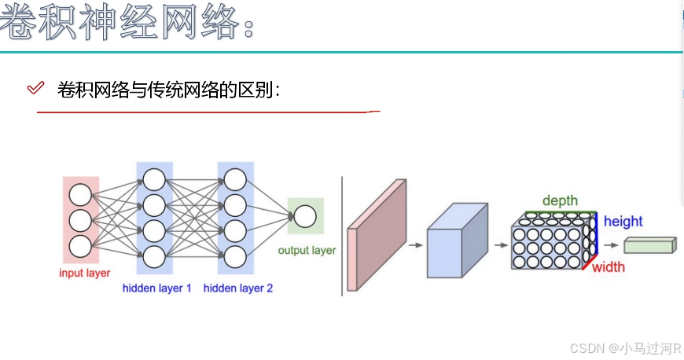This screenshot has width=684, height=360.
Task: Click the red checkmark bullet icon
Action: coord(35,88)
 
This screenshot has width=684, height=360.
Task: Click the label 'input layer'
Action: coord(84,273)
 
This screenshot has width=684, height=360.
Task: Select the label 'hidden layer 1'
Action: coord(156,288)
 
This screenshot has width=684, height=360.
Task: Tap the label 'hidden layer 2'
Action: coord(238,288)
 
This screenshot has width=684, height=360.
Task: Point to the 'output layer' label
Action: coord(307,251)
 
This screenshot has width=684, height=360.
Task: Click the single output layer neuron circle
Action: coord(305,216)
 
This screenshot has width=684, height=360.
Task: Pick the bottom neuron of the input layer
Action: coord(80,246)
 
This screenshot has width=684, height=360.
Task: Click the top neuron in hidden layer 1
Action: coord(155,180)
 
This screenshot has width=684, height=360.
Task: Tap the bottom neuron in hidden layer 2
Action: coord(236,256)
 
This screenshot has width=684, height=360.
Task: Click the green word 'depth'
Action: coord(560,201)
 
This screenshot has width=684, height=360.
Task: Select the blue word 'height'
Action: coord(623,222)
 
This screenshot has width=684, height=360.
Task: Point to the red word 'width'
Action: coord(609,267)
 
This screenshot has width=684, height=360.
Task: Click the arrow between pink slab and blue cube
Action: coord(415,245)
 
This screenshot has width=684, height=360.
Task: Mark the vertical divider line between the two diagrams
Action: coord(343,236)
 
